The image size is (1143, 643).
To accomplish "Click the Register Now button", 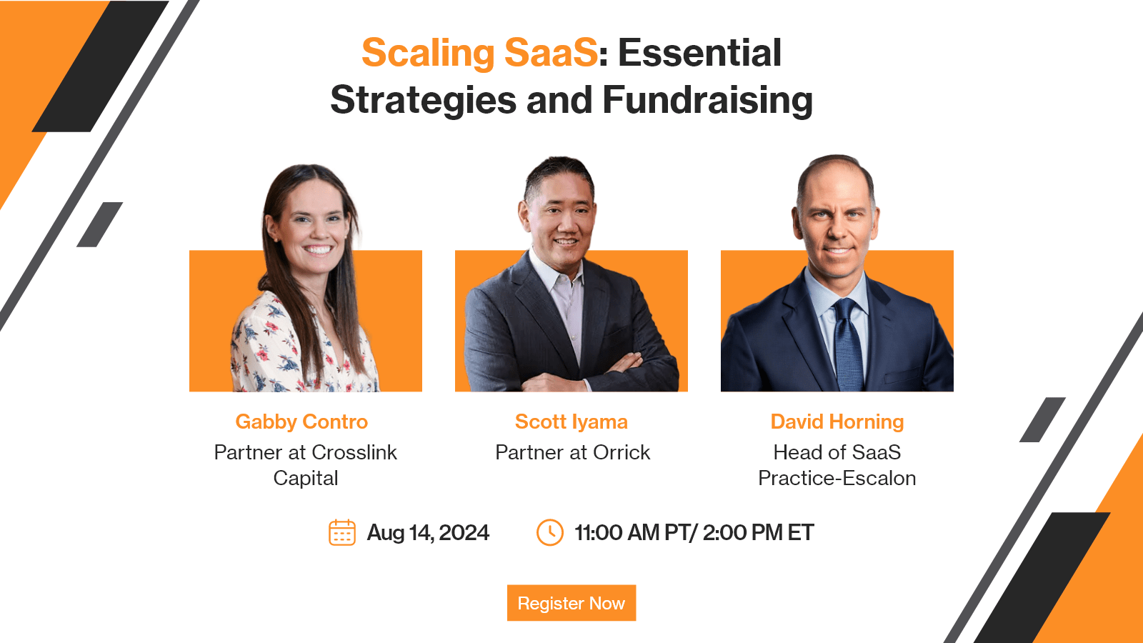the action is pyautogui.click(x=571, y=603).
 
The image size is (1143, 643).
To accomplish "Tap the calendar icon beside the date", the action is pyautogui.click(x=342, y=533).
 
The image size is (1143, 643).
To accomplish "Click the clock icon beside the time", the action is pyautogui.click(x=549, y=532).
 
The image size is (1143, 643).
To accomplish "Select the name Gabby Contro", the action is pyautogui.click(x=301, y=422).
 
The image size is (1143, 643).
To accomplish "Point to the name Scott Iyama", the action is pyautogui.click(x=571, y=422).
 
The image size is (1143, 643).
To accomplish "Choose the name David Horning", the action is pyautogui.click(x=837, y=422).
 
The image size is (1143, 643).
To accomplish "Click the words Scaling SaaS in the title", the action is pyautogui.click(x=479, y=53).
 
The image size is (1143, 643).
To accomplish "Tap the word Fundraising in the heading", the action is pyautogui.click(x=708, y=100).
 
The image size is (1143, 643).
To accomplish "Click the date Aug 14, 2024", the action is pyautogui.click(x=428, y=533).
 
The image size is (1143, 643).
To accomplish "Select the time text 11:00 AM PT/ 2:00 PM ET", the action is pyautogui.click(x=694, y=533).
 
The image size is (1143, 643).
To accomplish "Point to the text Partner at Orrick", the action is pyautogui.click(x=572, y=453).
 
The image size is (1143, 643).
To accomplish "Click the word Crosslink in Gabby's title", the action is pyautogui.click(x=354, y=453).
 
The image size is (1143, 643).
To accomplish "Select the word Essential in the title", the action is pyautogui.click(x=699, y=53).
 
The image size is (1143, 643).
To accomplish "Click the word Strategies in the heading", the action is pyautogui.click(x=423, y=100).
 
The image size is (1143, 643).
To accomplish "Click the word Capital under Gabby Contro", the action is pyautogui.click(x=306, y=479).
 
